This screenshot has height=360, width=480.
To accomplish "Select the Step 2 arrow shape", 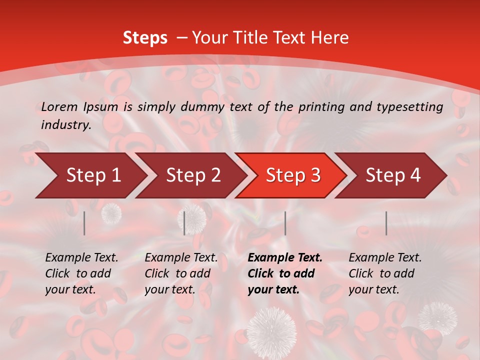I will pyautogui.click(x=193, y=175).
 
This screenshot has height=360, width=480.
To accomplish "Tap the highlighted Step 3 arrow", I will pyautogui.click(x=293, y=175).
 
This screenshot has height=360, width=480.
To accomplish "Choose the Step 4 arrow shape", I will pyautogui.click(x=393, y=175).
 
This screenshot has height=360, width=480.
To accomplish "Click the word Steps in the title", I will pyautogui.click(x=145, y=38).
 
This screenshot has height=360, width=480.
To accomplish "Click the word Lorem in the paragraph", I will pyautogui.click(x=59, y=106).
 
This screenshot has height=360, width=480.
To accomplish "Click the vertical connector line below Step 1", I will pyautogui.click(x=84, y=223).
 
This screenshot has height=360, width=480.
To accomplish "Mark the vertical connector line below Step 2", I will pyautogui.click(x=184, y=223).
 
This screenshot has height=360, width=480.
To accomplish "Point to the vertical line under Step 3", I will pyautogui.click(x=285, y=223).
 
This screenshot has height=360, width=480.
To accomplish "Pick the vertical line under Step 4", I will pyautogui.click(x=386, y=223).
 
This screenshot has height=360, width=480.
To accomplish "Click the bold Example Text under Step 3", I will pyautogui.click(x=285, y=258).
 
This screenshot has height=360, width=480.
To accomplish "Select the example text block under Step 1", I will pyautogui.click(x=81, y=273).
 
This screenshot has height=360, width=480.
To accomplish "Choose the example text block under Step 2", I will pyautogui.click(x=181, y=273).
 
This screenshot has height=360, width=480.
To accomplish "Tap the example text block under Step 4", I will pyautogui.click(x=385, y=273).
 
